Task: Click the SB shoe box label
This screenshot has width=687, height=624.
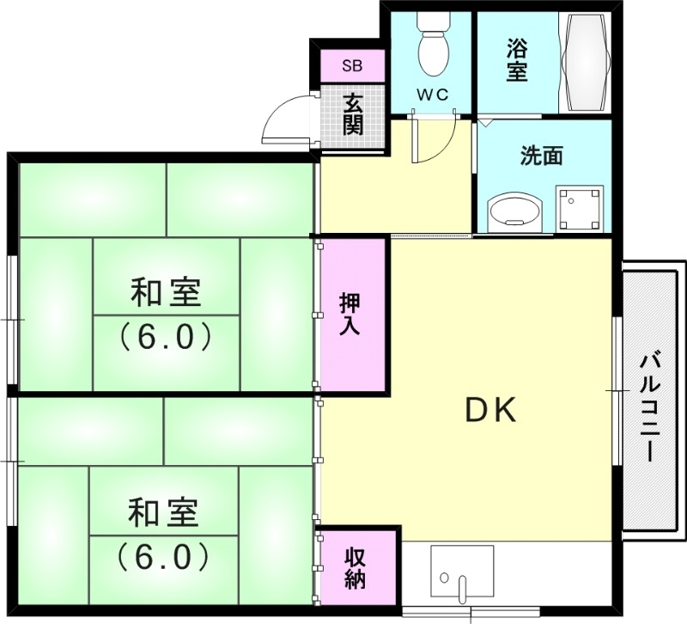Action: (x=352, y=65)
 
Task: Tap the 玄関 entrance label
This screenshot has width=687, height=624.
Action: (x=353, y=114)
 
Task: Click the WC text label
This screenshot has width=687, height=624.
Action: (x=434, y=95)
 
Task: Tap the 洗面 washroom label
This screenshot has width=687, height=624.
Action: (x=542, y=156)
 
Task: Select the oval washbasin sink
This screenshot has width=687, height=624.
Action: (x=514, y=211)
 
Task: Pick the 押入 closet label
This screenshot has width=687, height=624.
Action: (x=350, y=315)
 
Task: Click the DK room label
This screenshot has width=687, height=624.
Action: (x=490, y=412)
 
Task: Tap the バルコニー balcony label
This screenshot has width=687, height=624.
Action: (x=649, y=407)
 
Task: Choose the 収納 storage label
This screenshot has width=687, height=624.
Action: (x=356, y=568)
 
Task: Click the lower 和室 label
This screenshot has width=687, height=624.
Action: (x=163, y=514)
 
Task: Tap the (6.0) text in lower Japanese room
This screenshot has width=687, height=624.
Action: (x=163, y=557)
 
